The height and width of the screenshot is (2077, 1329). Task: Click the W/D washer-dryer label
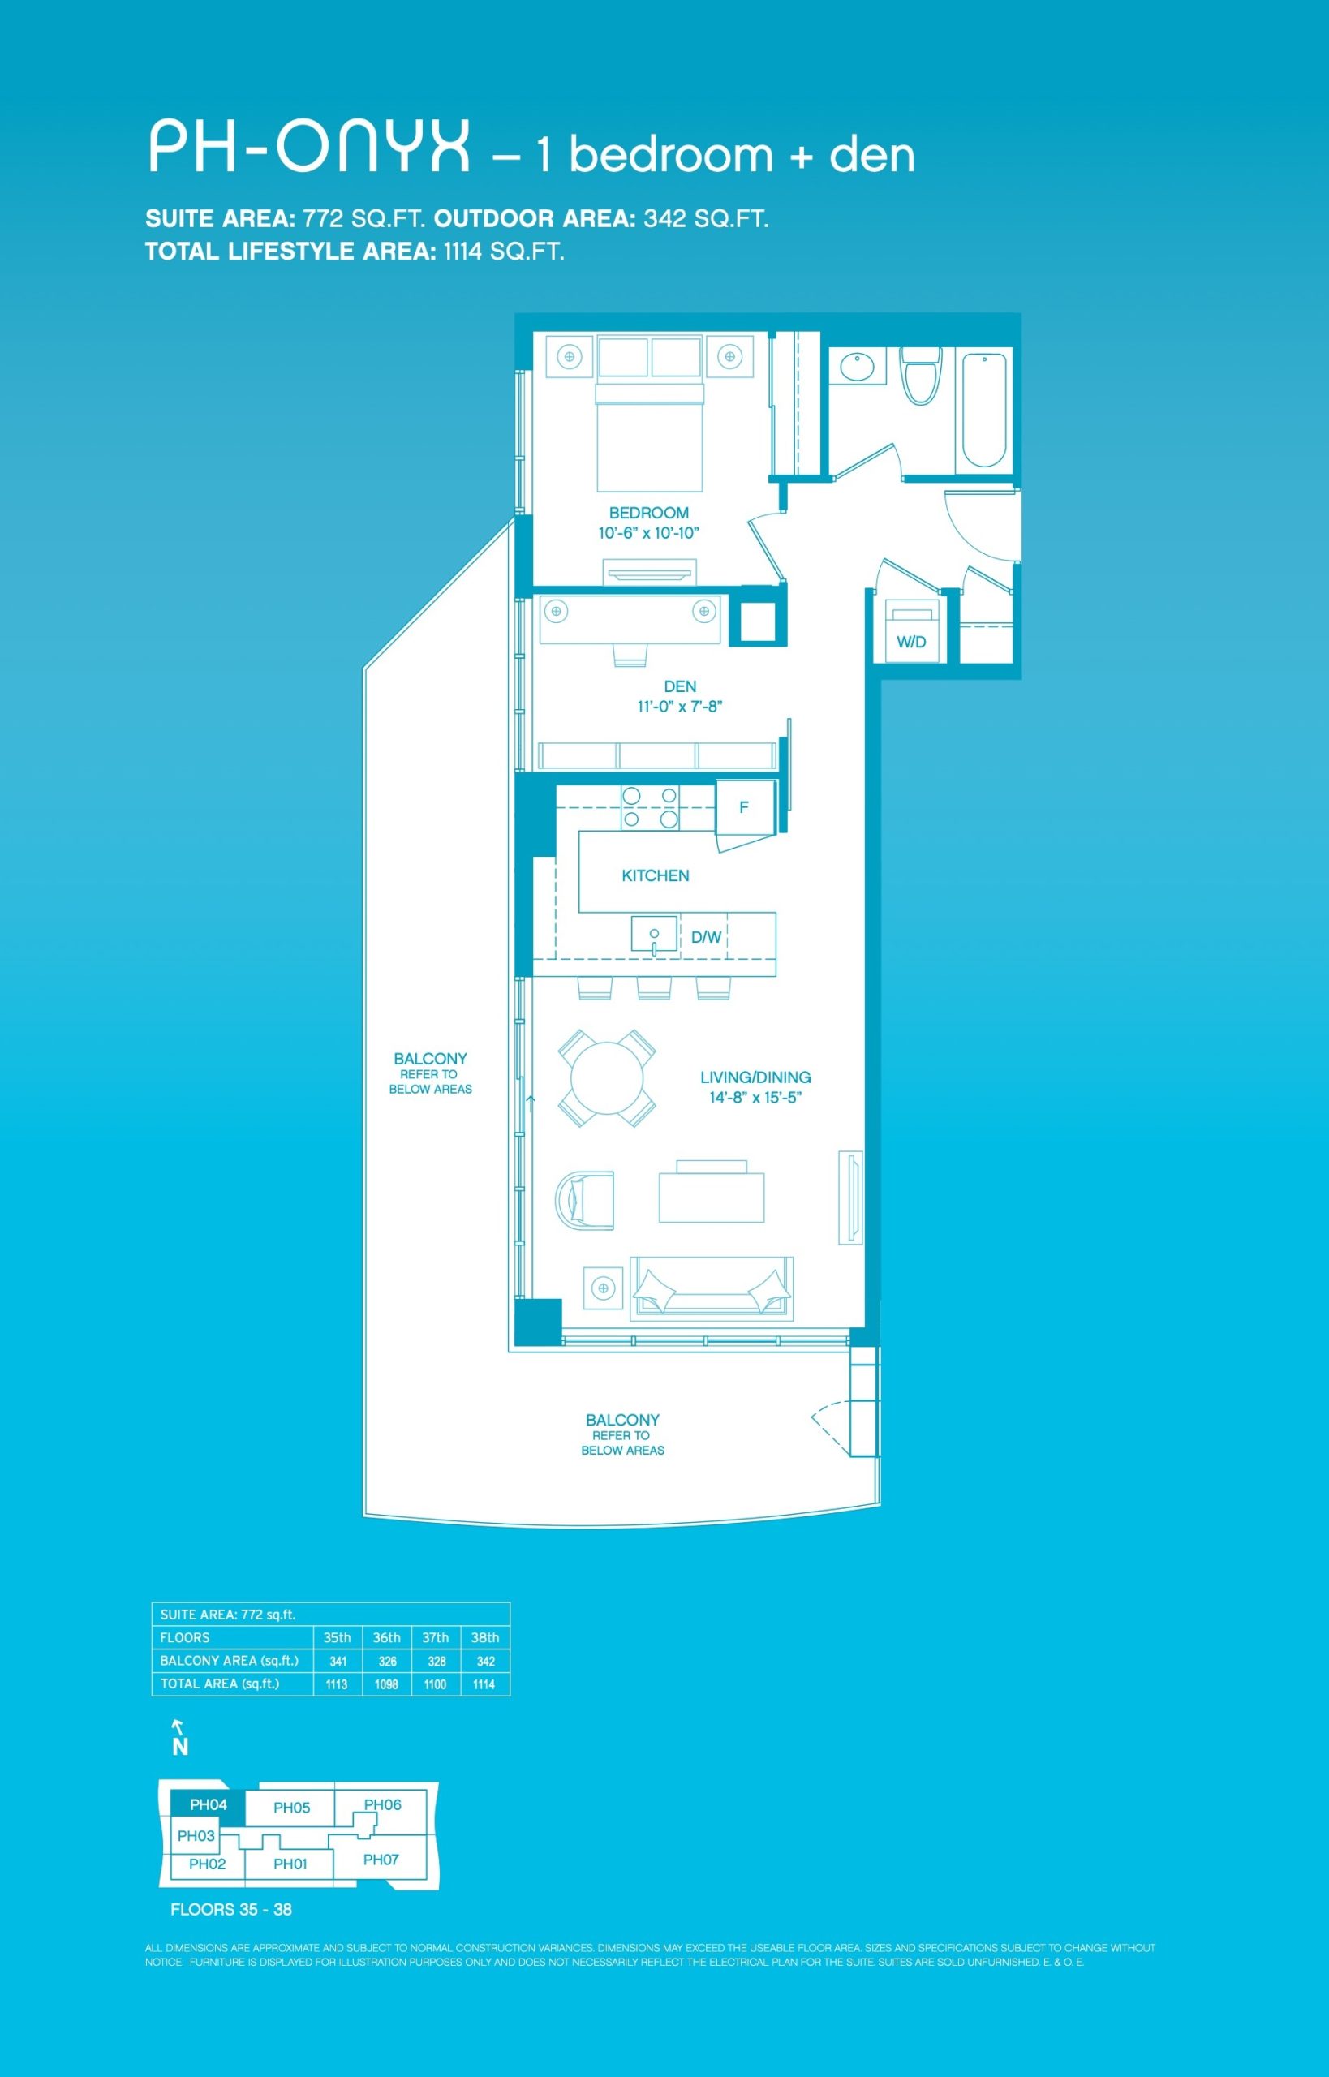pos(911,642)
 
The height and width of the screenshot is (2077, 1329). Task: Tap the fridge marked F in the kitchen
pos(745,807)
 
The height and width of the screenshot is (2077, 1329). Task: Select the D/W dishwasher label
pos(706,937)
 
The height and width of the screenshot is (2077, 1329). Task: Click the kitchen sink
pos(654,935)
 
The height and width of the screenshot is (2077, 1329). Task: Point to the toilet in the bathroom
pos(921,376)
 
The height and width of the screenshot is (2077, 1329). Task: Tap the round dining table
pos(607,1078)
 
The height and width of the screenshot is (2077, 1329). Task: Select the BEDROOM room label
pos(649,513)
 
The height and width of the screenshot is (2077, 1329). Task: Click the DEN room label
pos(680,687)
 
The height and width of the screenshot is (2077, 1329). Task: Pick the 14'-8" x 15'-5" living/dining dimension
pos(756,1098)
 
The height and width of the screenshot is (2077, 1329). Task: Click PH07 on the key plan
pos(381,1860)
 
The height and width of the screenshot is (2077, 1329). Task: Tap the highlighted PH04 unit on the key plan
pos(209,1805)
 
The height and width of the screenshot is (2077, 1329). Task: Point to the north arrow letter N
pos(180,1748)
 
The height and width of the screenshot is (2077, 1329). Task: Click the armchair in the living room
pos(585,1200)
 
